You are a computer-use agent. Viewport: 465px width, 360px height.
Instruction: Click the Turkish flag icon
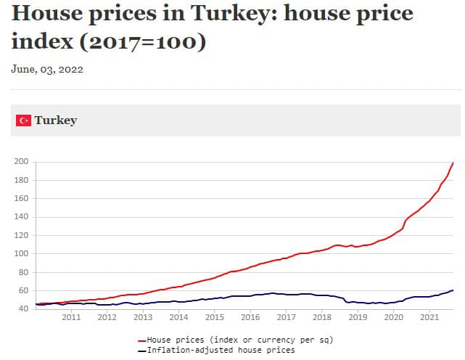point(23,120)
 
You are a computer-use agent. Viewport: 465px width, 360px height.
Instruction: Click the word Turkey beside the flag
point(55,120)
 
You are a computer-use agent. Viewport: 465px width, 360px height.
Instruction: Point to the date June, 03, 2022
point(47,70)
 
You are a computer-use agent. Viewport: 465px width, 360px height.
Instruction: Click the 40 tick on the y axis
point(22,309)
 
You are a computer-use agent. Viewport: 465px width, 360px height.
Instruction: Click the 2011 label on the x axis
point(71,318)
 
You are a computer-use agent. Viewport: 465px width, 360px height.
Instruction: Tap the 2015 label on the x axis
point(214,318)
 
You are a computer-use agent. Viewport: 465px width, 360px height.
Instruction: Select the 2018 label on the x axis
point(321,318)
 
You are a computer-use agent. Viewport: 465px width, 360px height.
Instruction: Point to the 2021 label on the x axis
point(429,318)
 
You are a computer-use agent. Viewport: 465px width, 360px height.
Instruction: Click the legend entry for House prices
point(239,340)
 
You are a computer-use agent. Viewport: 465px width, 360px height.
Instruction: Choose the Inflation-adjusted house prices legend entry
point(221,350)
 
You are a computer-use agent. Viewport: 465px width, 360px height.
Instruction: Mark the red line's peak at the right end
point(453,162)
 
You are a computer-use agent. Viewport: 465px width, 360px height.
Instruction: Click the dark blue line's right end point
point(453,290)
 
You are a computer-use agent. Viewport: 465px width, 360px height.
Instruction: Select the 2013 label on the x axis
point(143,318)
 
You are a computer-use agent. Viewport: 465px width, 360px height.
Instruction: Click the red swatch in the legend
point(141,340)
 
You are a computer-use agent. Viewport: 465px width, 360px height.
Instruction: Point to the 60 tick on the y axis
point(22,291)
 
